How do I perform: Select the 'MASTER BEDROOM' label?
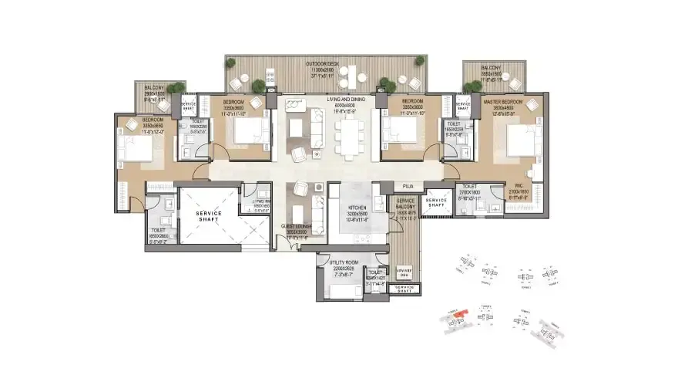(x=504, y=101)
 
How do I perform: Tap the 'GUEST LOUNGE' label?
(x=297, y=226)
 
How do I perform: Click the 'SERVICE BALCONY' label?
(x=406, y=201)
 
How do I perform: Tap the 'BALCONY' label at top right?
(x=490, y=67)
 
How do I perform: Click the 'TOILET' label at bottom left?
(x=158, y=230)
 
